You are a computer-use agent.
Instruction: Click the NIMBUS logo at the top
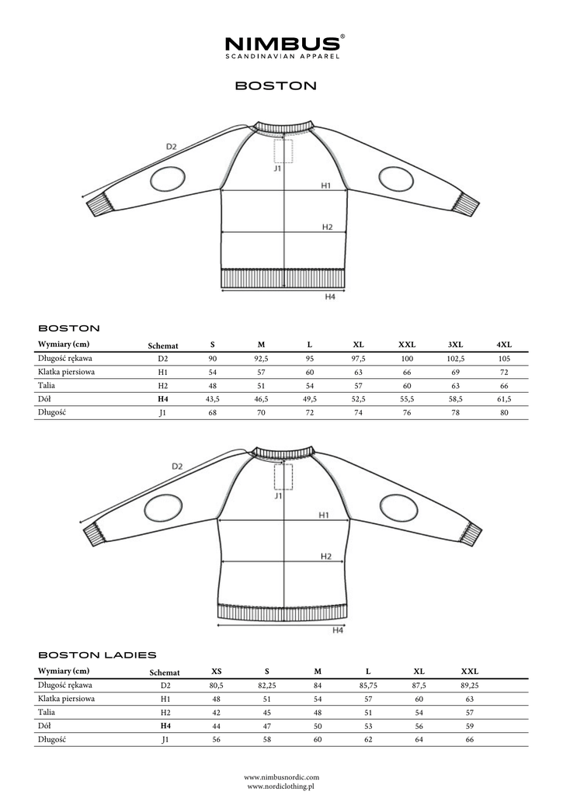tap(281, 45)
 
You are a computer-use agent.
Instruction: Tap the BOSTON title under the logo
tap(276, 85)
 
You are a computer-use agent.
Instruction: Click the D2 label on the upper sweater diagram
tap(172, 147)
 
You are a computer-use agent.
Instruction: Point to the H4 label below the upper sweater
tap(329, 297)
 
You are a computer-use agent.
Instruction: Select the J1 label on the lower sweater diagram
tap(278, 495)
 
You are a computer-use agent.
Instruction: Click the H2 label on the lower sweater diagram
tap(325, 556)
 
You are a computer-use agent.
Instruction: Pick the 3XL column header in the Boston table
tap(456, 345)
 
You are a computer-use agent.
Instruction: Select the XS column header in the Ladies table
tap(217, 672)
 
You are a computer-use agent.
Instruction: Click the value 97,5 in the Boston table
tap(359, 359)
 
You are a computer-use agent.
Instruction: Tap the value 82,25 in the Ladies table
tap(266, 686)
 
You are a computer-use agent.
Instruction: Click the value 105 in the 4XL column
tap(504, 359)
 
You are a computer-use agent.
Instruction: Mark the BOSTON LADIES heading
tap(97, 655)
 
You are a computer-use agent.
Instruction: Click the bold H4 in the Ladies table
tap(165, 726)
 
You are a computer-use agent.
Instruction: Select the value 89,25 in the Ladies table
tap(470, 686)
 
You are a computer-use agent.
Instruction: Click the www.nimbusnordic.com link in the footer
tap(281, 776)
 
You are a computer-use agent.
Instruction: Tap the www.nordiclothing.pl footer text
tap(281, 786)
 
